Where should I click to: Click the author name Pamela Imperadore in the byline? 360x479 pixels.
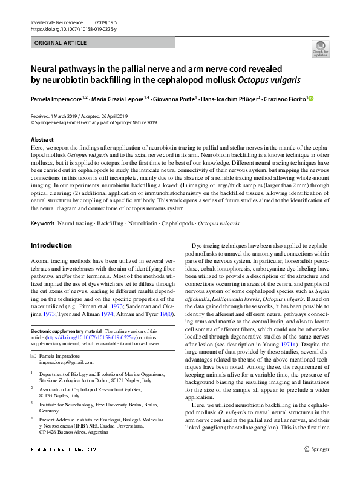click(56, 98)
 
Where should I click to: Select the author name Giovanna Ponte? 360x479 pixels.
click(174, 98)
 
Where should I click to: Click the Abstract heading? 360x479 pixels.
click(42, 140)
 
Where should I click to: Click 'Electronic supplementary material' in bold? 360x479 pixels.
click(67, 331)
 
